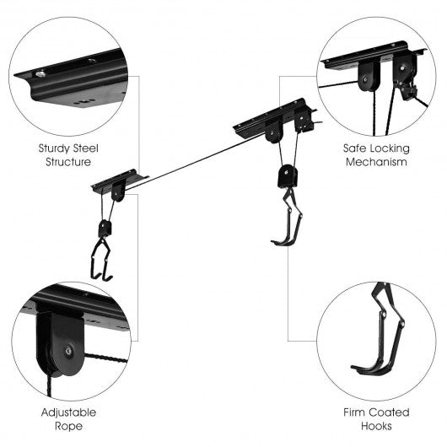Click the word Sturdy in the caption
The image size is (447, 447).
pos(55,148)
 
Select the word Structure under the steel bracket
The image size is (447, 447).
pos(68,162)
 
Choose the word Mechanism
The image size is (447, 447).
pos(376,162)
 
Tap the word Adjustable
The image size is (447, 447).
pos(68,413)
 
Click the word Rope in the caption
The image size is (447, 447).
pos(68,427)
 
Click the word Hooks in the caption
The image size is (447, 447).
pos(376,426)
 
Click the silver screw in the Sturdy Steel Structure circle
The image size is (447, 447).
pos(40,74)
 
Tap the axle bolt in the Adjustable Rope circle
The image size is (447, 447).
pos(68,351)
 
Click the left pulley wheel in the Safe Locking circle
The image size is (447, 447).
pos(369,77)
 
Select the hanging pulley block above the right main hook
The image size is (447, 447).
pos(288,176)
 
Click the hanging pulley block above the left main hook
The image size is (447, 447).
pos(105,228)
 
